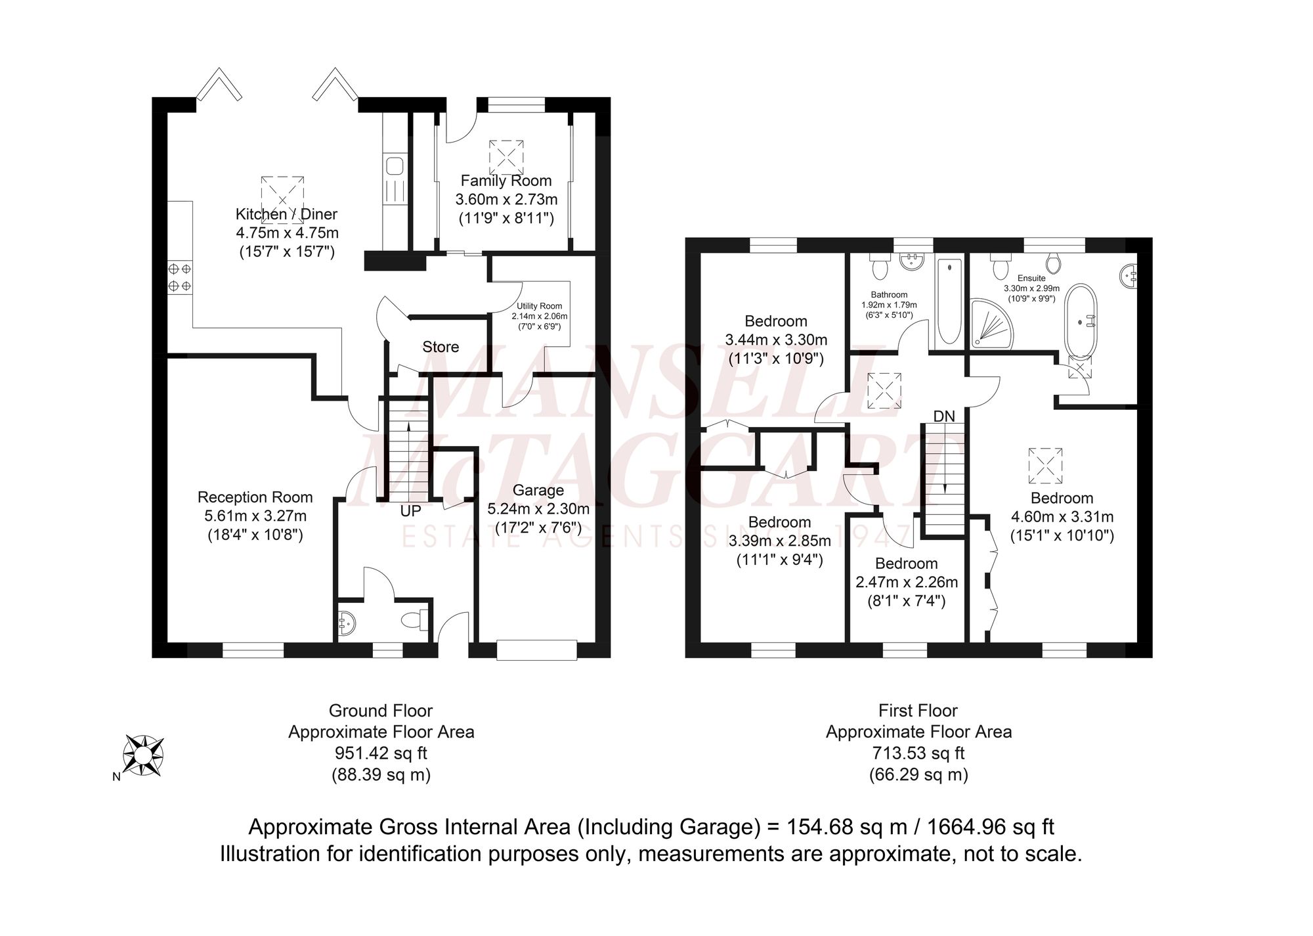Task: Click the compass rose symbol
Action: point(144,755)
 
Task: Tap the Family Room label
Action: point(506,181)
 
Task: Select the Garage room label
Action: point(538,490)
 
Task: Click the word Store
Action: point(441,347)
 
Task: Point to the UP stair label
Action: point(410,510)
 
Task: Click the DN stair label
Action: point(944,416)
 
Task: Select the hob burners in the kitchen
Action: point(180,277)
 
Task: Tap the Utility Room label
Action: point(540,306)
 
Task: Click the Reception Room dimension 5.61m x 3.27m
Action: point(255,516)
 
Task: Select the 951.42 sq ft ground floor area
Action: point(381,753)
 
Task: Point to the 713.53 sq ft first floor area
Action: point(918,753)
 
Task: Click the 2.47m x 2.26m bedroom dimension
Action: point(907,582)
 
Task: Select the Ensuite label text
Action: point(1031,279)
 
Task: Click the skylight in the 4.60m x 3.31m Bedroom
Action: point(1046,464)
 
